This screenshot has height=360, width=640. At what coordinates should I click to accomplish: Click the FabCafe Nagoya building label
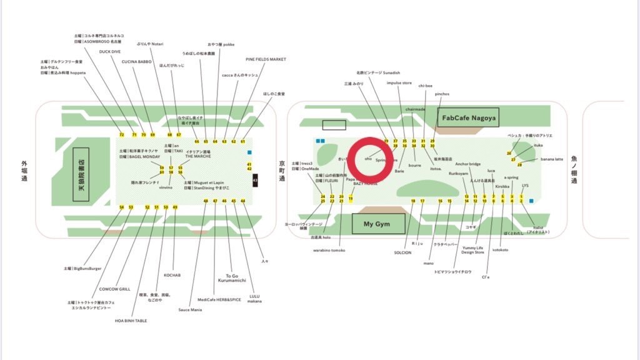click(469, 117)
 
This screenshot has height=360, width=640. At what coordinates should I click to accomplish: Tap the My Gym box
click(378, 224)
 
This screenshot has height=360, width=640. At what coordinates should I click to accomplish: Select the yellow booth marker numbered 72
click(121, 134)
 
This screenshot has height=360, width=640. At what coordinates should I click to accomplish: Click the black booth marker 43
click(254, 181)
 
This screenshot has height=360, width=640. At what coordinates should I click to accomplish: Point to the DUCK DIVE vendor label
click(110, 51)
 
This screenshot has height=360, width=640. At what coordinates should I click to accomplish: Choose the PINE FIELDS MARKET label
click(266, 59)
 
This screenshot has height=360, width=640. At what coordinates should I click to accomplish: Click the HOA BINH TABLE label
click(131, 321)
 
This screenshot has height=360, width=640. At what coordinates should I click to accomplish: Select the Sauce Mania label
click(190, 309)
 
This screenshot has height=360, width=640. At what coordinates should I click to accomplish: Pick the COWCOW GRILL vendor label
click(114, 289)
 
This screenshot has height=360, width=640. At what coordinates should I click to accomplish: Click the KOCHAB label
click(172, 274)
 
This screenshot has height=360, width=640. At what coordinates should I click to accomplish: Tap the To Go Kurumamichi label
click(232, 277)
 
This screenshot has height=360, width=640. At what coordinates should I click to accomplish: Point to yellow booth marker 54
click(122, 207)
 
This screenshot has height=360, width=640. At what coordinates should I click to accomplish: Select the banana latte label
click(552, 159)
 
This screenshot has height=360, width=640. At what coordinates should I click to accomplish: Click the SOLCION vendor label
click(402, 252)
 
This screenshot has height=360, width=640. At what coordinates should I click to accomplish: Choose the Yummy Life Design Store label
click(472, 250)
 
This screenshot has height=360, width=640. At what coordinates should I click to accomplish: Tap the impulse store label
click(399, 82)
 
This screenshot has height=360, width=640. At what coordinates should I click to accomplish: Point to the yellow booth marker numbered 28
click(519, 165)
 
